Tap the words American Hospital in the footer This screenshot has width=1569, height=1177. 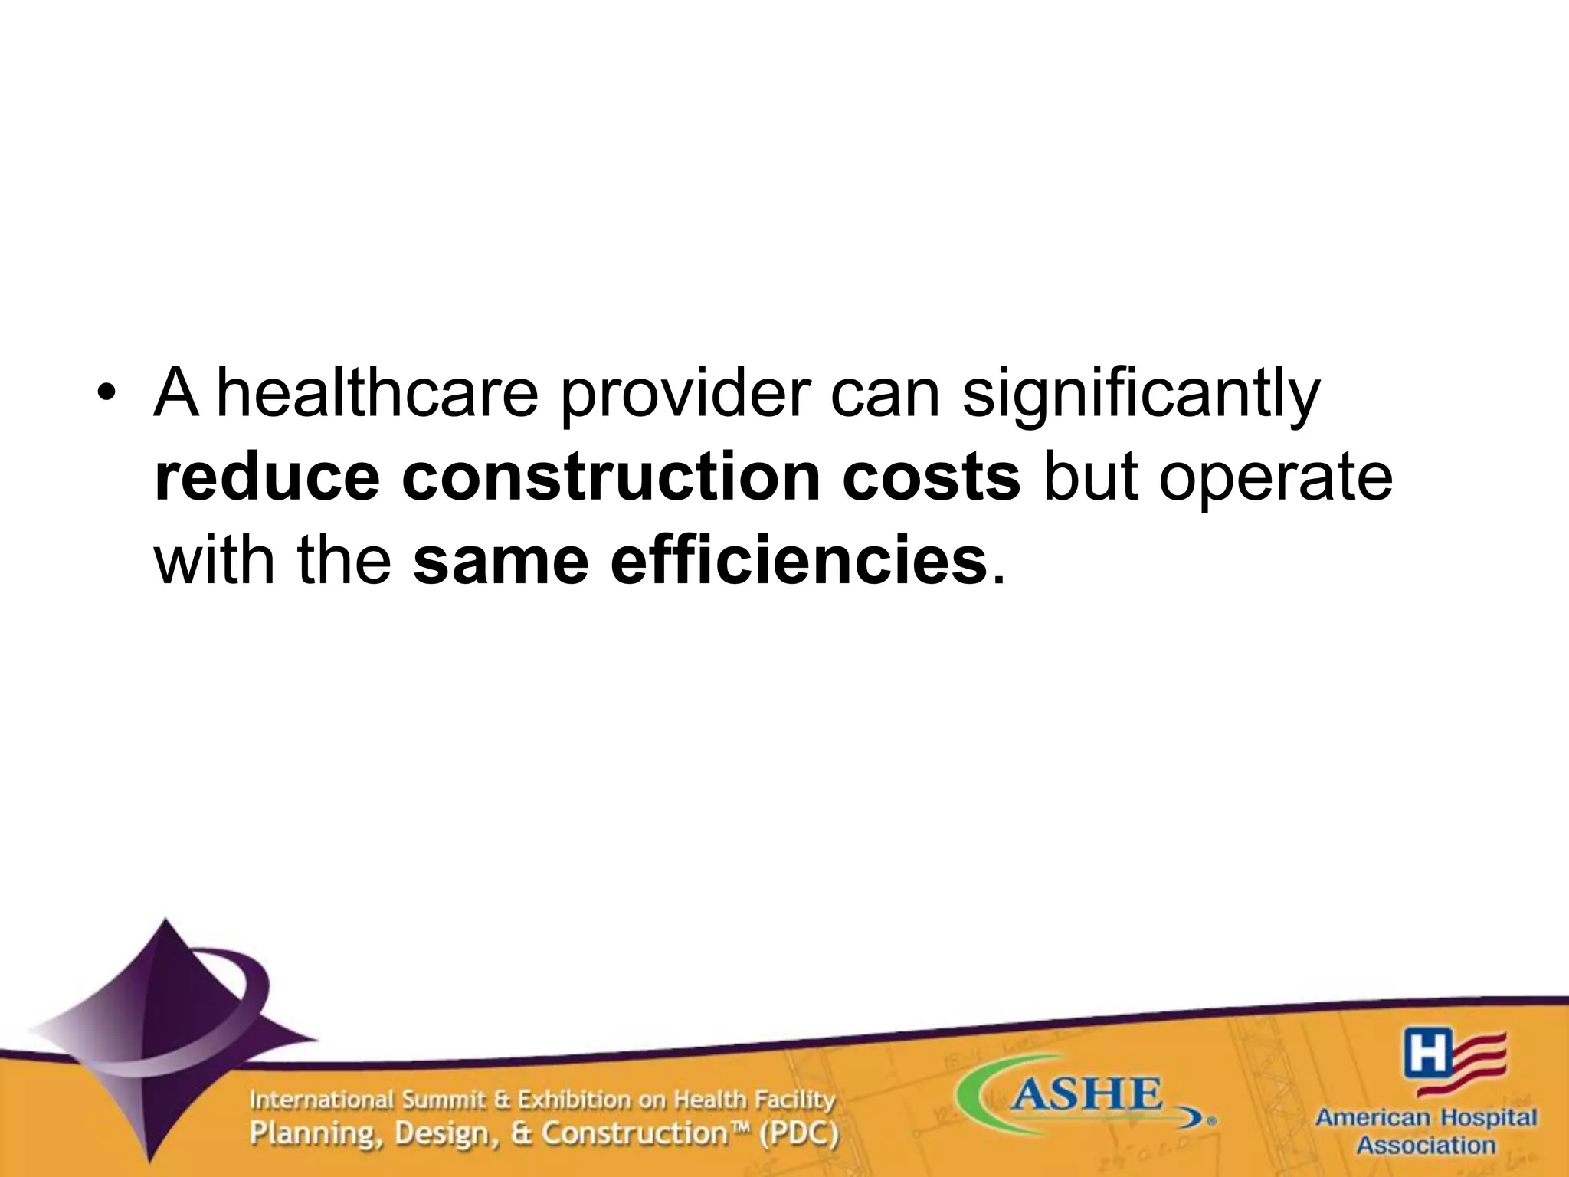click(x=1426, y=1118)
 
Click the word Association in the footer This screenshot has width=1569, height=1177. click(x=1426, y=1146)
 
